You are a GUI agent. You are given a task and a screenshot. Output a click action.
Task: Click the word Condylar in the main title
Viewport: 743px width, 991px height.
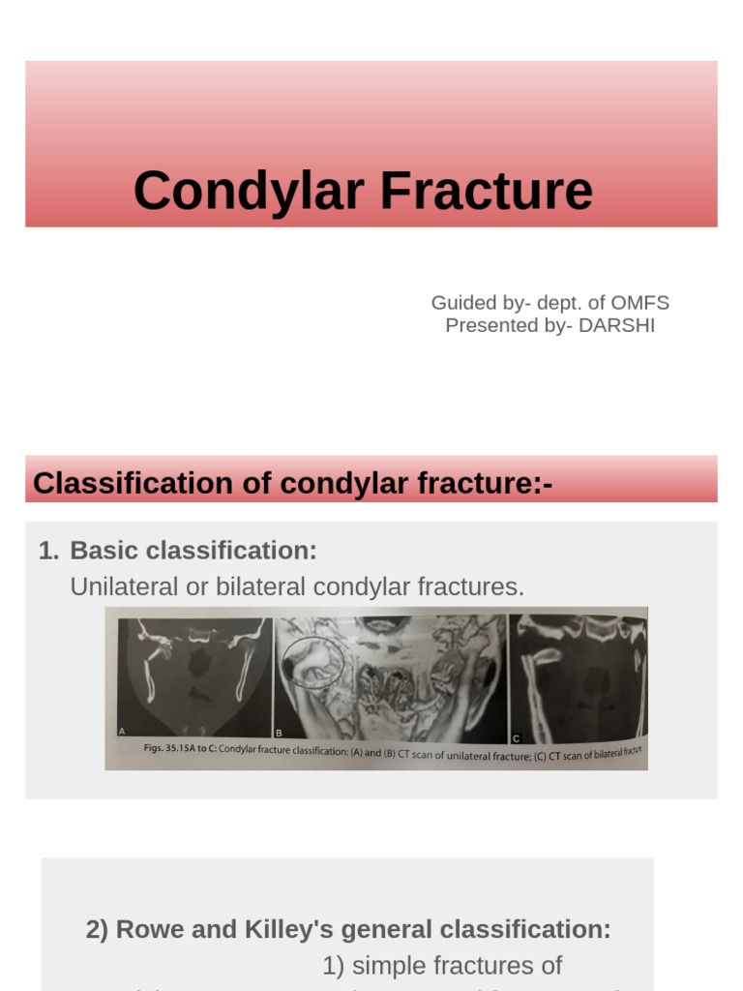250,191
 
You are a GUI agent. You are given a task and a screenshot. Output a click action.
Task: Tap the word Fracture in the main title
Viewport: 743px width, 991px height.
487,191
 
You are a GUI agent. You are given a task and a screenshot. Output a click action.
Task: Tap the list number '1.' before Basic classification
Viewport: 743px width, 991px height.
48,551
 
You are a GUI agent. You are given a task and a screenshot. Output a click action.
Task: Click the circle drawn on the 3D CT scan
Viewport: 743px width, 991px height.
312,662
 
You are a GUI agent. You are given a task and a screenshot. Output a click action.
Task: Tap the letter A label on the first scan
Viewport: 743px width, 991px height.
123,734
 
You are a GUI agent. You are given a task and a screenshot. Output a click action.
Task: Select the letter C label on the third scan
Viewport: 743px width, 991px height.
517,737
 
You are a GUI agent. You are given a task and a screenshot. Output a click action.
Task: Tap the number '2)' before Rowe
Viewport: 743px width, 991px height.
97,930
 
